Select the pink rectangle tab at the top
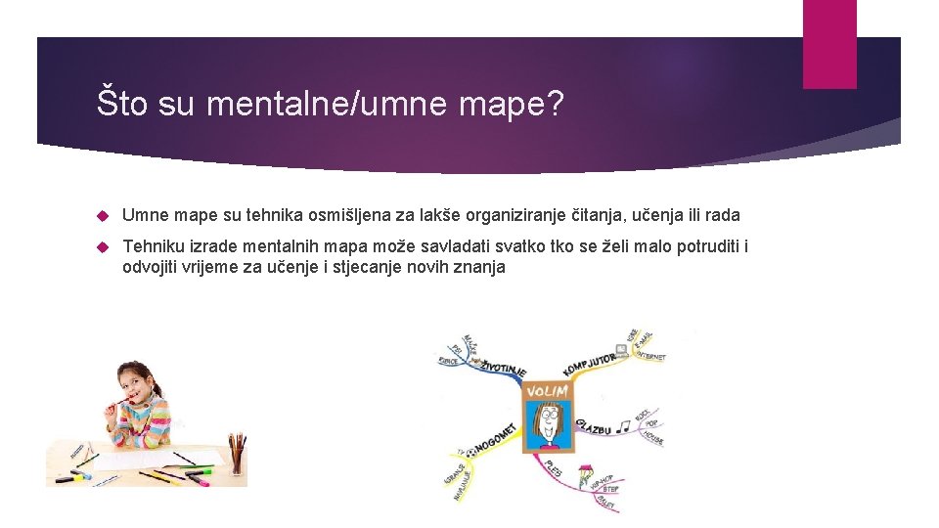point(828,44)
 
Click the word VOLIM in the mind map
point(547,392)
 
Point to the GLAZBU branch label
point(594,427)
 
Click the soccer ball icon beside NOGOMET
point(470,452)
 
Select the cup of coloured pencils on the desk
point(237,455)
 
